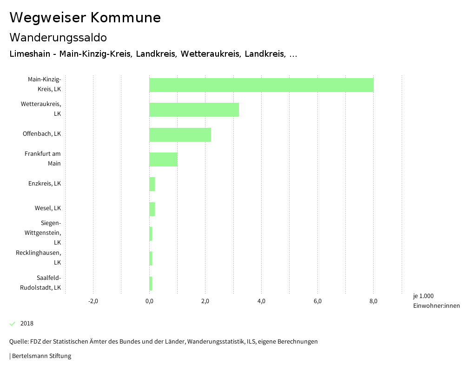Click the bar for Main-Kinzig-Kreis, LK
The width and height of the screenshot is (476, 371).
261,85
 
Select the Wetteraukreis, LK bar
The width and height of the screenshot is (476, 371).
194,110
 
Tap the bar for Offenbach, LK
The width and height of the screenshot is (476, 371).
180,134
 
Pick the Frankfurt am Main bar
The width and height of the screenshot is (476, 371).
163,159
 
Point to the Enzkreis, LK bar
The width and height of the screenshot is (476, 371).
152,184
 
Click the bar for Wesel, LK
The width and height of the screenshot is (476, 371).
152,209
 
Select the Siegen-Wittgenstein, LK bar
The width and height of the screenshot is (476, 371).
151,234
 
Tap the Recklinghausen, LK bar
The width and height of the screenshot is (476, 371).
151,258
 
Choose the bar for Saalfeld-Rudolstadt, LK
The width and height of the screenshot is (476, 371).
151,283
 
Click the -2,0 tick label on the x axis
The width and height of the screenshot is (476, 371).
93,301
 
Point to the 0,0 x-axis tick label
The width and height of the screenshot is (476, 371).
149,301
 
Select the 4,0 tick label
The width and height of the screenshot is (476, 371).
261,301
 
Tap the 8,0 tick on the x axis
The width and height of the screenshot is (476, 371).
373,301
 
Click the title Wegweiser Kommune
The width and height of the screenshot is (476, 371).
85,18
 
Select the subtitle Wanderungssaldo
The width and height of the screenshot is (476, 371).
58,37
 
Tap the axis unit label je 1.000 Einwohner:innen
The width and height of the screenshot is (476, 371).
436,301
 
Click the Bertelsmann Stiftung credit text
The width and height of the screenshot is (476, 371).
41,356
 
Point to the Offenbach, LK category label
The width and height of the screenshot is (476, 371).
42,134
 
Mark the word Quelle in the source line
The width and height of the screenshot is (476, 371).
18,342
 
